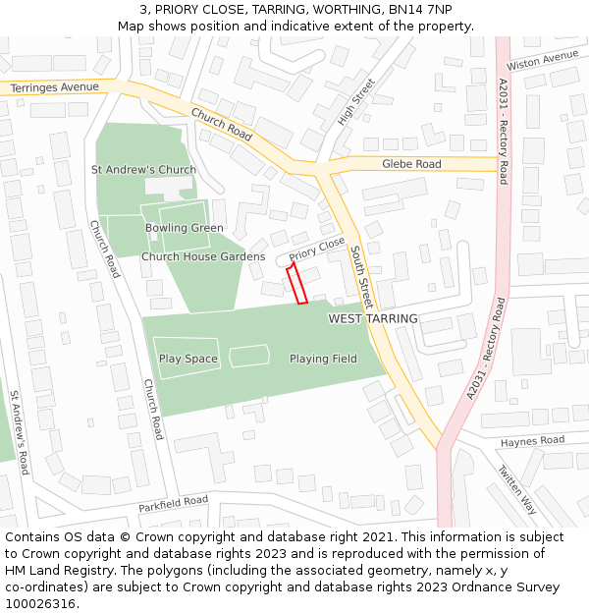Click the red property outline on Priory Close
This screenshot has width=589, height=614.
pyautogui.click(x=296, y=282)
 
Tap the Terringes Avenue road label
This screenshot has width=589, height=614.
pyautogui.click(x=55, y=87)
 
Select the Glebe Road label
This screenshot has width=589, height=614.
pyautogui.click(x=411, y=164)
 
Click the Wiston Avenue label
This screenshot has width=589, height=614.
pyautogui.click(x=543, y=60)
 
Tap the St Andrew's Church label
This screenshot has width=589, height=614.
pyautogui.click(x=143, y=170)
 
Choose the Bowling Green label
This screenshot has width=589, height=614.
pyautogui.click(x=185, y=228)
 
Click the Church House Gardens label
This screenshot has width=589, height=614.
pyautogui.click(x=203, y=256)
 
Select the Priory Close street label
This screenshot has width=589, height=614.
pyautogui.click(x=317, y=249)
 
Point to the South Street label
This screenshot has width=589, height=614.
pyautogui.click(x=361, y=277)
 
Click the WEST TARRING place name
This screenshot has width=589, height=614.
pyautogui.click(x=373, y=318)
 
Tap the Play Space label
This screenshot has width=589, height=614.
pyautogui.click(x=187, y=359)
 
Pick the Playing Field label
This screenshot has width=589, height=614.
pyautogui.click(x=323, y=359)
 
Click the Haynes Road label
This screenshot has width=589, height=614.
pyautogui.click(x=533, y=441)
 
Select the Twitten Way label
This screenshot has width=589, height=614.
pyautogui.click(x=517, y=490)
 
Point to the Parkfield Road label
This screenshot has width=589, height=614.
pyautogui.click(x=173, y=504)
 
